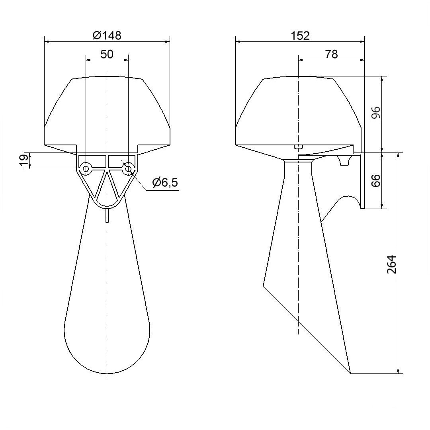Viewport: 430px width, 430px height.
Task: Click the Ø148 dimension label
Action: [x=107, y=35]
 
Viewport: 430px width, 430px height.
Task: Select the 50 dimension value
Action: [x=107, y=54]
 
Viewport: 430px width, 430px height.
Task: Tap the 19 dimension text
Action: [x=24, y=161]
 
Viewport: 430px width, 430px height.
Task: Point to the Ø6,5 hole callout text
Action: [x=165, y=182]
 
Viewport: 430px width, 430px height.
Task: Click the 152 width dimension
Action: [x=300, y=36]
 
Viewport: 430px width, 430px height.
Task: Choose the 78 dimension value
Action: [x=331, y=54]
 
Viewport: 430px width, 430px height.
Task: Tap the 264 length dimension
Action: [x=392, y=264]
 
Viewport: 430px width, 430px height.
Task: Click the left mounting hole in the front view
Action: [x=86, y=168]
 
